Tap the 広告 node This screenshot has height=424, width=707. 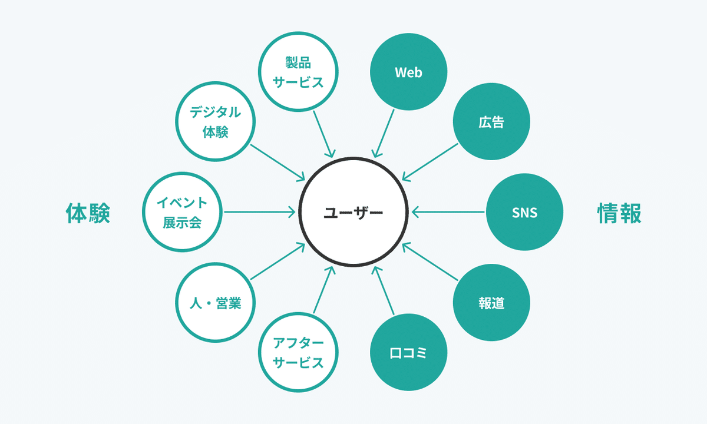pos(491,123)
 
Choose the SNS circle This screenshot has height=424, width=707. pos(524,212)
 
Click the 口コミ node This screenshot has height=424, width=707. pos(408,353)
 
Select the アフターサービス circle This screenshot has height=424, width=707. pos(298,352)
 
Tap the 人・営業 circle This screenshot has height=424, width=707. pos(215,303)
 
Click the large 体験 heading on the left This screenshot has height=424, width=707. pos(88,213)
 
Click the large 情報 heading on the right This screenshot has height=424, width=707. pos(619,213)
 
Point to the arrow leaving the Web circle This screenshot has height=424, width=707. pos(384,132)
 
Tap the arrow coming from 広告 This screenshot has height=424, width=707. pos(431,161)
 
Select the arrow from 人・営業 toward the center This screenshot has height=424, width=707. pos(277,262)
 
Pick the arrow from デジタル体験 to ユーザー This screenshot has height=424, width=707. pos(277,161)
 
